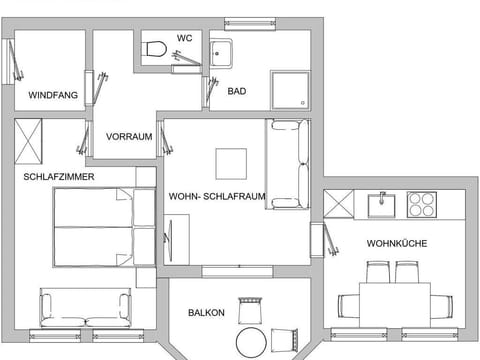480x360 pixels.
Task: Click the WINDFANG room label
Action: pos(53,95)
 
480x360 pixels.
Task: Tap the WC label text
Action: pos(184,38)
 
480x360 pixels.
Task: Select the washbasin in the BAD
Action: pos(221,54)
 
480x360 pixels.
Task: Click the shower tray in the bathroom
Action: pos(290,90)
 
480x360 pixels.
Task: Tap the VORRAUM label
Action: pos(129,137)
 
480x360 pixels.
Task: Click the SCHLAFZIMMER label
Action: pos(59,177)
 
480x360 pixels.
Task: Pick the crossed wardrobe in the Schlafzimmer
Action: pos(28,141)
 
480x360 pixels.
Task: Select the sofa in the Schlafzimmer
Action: pos(85,308)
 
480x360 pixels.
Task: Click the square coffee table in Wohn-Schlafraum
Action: pos(231,164)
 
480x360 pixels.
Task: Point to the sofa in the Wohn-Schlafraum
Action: pos(288,164)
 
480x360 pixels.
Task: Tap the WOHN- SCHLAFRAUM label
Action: pos(217,196)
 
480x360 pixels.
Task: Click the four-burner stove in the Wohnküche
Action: pos(422,205)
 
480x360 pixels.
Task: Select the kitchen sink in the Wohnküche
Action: pos(382,205)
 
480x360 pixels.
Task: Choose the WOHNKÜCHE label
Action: pos(397,244)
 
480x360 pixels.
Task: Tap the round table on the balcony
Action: pos(251,343)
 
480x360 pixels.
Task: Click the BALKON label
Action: pos(206,313)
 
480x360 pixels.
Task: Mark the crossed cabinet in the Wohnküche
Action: pos(339,204)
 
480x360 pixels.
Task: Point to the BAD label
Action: pos(237,91)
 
